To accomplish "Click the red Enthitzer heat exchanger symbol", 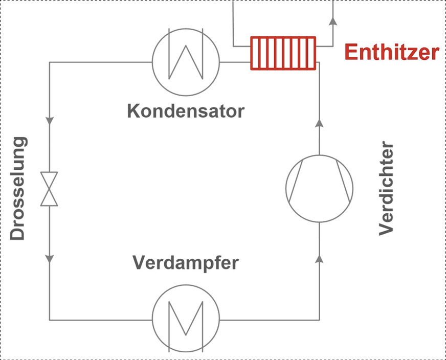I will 283,53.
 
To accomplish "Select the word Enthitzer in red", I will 391,52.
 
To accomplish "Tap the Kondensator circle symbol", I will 186,62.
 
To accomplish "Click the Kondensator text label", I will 186,110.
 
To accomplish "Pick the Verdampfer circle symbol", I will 186,320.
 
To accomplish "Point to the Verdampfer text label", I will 186,263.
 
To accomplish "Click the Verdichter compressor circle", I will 319,188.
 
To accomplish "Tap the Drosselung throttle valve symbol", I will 50,188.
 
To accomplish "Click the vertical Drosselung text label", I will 18,188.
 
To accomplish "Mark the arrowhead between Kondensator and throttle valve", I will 50,122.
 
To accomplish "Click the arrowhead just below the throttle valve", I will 50,258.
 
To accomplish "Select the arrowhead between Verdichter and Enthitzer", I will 319,123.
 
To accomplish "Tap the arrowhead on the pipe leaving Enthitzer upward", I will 332,21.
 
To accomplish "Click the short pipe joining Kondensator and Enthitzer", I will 235,62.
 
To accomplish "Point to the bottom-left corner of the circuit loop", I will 50,320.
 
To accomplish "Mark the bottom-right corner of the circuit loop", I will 319,320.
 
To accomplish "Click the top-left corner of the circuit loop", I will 50,62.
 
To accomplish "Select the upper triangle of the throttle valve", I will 50,179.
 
